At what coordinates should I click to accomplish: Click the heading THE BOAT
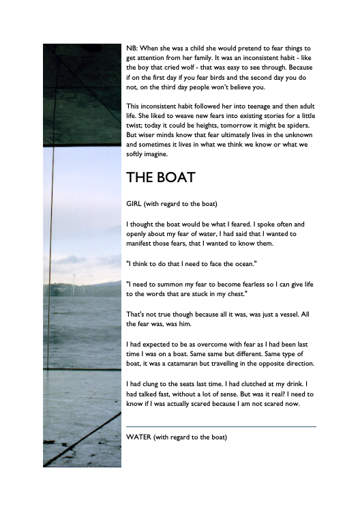[161, 177]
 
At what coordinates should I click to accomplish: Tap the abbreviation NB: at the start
[134, 48]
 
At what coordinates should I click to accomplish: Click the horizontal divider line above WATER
[222, 427]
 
